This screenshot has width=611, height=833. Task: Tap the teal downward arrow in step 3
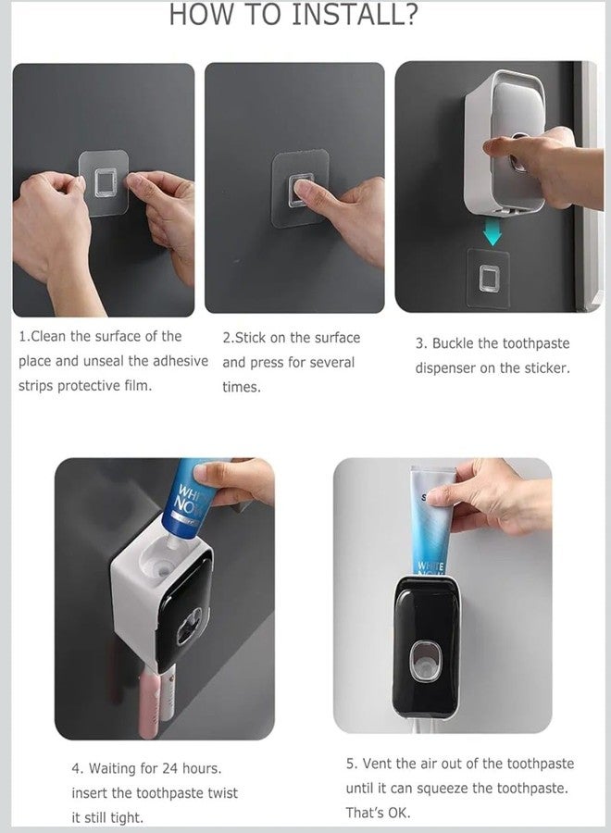[x=493, y=232]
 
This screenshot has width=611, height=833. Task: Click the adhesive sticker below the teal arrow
[x=488, y=279]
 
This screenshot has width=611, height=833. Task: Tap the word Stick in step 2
[x=250, y=338]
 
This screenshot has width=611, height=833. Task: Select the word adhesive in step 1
[x=181, y=361]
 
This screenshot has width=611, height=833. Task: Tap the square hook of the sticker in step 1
[x=106, y=183]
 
